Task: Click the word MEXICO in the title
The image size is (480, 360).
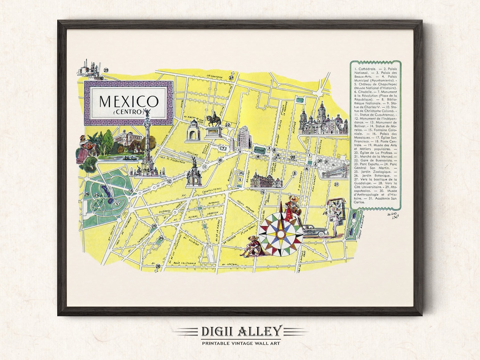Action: [128, 101]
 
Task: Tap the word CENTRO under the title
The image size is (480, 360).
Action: [128, 112]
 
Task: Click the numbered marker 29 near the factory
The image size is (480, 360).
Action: [106, 70]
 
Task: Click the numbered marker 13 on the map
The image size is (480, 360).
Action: [131, 191]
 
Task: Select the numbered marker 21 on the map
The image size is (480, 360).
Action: [336, 184]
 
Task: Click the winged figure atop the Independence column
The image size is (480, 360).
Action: [147, 112]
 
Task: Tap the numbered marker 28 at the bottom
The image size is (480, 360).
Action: [158, 266]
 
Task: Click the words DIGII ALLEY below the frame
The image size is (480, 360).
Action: [240, 331]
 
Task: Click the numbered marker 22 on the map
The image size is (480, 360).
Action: [227, 125]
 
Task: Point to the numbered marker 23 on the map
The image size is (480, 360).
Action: [153, 226]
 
